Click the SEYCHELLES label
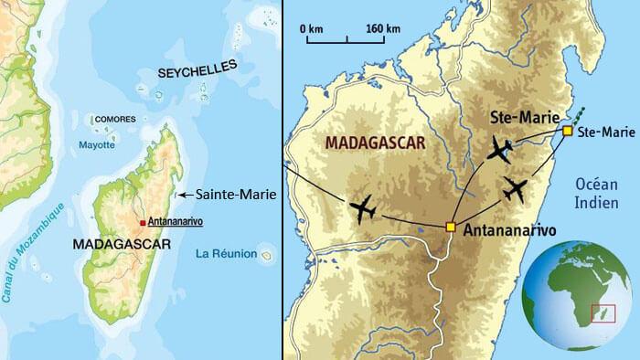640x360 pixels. pyautogui.click(x=197, y=71)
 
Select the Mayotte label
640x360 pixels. pyautogui.click(x=97, y=144)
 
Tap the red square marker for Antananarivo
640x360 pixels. pyautogui.click(x=142, y=222)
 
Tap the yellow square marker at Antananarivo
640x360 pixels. pyautogui.click(x=450, y=227)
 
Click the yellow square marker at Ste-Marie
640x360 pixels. pyautogui.click(x=568, y=132)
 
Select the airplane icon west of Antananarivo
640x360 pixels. pyautogui.click(x=363, y=208)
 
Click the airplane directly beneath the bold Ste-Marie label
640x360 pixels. pyautogui.click(x=500, y=151)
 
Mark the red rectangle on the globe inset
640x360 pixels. pyautogui.click(x=603, y=314)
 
